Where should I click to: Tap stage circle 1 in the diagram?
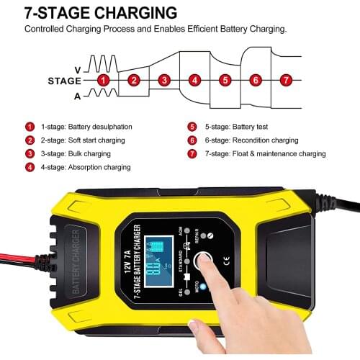point(103,80)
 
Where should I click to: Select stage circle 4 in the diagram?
point(194,80)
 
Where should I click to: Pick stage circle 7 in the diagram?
point(286,80)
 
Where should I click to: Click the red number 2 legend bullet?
point(30,140)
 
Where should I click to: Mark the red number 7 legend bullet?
point(192,154)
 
